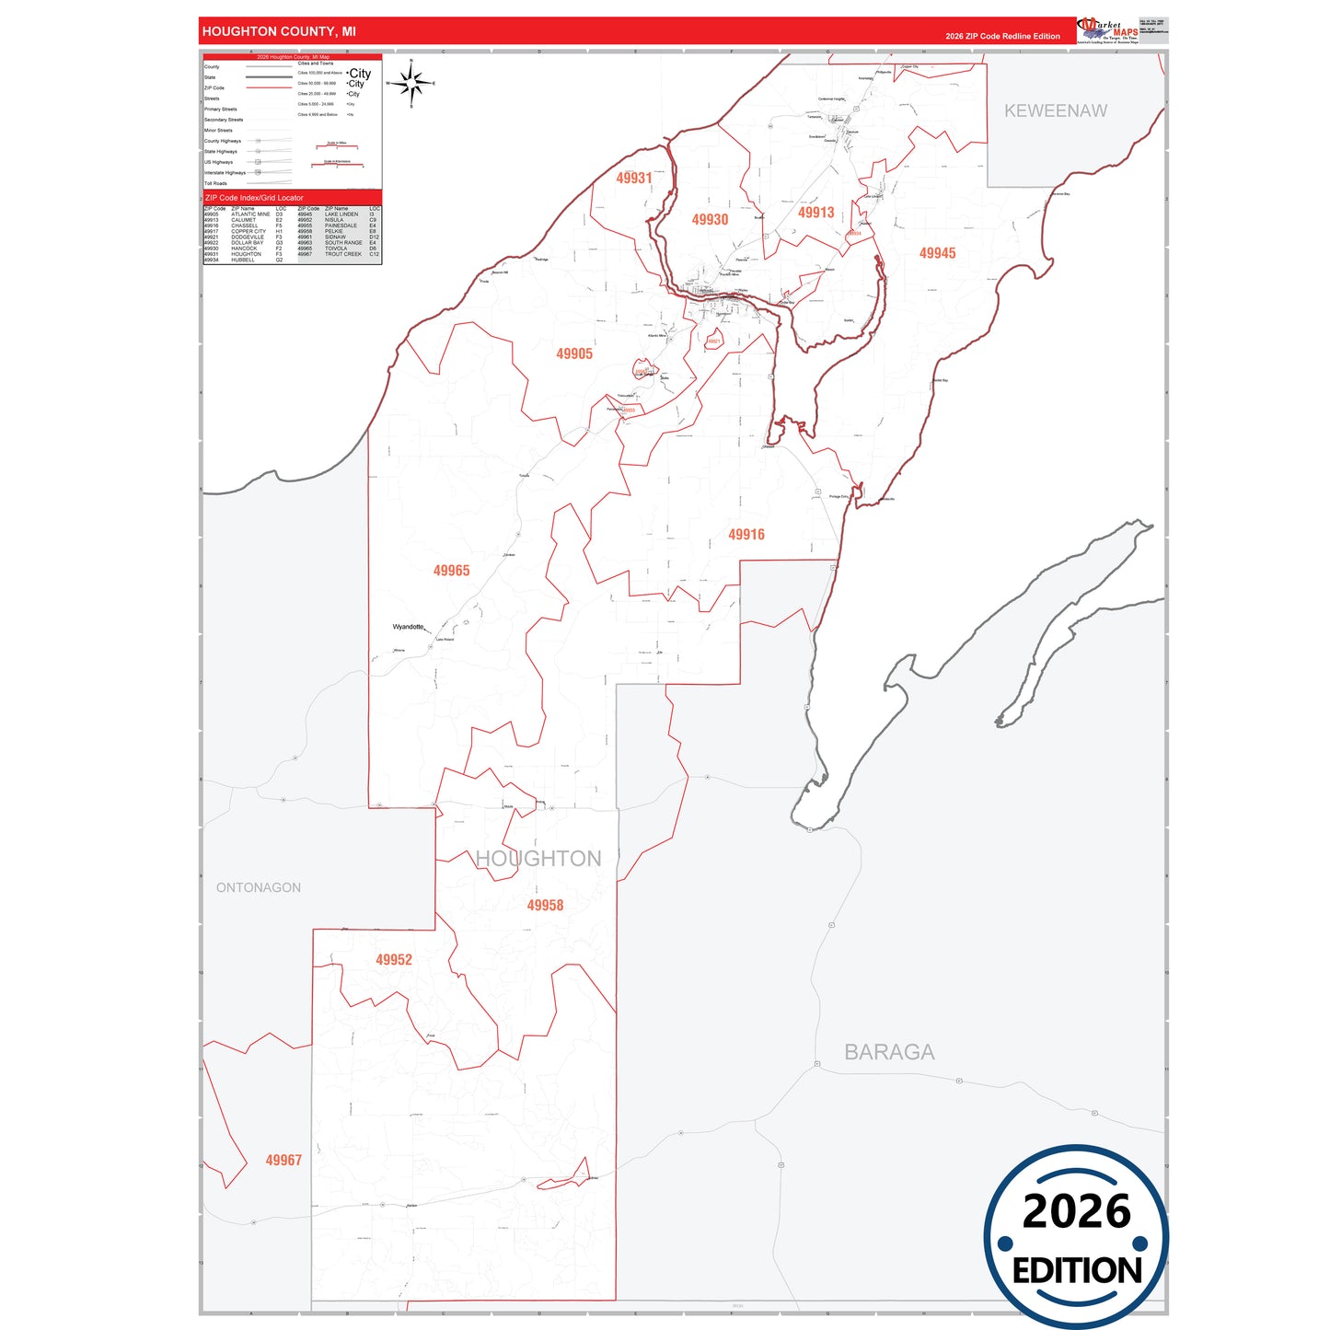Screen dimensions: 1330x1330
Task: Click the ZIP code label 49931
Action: pos(634,179)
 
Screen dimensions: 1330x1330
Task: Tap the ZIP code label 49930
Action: pos(710,220)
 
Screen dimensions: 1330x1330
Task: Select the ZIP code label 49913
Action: pos(815,213)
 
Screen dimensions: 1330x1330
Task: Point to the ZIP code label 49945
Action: pos(937,253)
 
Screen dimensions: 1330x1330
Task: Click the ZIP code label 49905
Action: pos(574,353)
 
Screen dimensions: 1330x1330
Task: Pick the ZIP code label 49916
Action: pos(746,535)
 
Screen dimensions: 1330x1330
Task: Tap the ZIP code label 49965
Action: pos(451,571)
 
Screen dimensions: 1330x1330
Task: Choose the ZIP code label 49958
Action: pos(545,906)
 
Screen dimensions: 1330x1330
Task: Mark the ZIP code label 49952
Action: pos(393,960)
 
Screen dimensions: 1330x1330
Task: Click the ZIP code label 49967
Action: pos(283,1161)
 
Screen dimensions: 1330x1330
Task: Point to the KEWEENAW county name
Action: pos(1055,111)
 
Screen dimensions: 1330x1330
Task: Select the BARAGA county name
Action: pos(889,1052)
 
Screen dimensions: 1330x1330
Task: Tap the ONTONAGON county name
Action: pos(259,888)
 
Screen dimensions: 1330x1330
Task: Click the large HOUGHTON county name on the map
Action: pos(538,859)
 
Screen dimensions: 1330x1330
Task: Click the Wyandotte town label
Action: pos(408,627)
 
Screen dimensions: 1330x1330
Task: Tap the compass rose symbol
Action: pos(411,84)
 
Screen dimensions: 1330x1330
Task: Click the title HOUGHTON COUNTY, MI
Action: pos(279,31)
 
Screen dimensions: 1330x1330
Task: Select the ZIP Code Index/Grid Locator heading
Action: pos(254,198)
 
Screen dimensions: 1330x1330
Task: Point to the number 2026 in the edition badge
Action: pos(1076,1211)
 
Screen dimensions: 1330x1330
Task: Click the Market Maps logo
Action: pos(1107,30)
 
